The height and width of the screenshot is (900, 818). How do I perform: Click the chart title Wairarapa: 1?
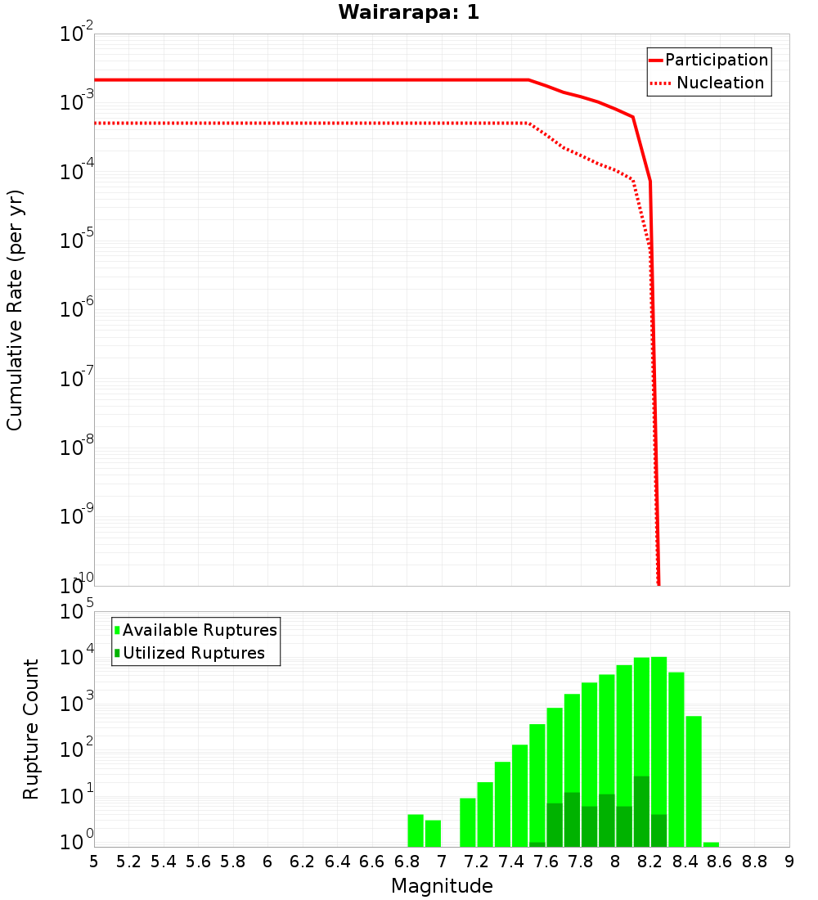pos(408,13)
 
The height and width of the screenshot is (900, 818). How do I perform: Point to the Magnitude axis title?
pos(442,886)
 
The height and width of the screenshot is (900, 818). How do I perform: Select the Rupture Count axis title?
pos(31,729)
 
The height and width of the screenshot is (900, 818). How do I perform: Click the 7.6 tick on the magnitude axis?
pos(546,862)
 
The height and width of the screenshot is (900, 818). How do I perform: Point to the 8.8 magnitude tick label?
pos(755,862)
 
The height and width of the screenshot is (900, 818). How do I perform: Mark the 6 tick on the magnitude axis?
pos(268,862)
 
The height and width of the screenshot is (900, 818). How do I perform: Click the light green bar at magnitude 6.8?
pos(416,830)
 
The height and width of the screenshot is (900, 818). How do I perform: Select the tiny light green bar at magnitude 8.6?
pos(711,844)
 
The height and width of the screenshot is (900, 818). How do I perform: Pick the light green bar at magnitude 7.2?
pos(485,814)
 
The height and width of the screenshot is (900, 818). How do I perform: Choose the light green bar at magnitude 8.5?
pos(694,781)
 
